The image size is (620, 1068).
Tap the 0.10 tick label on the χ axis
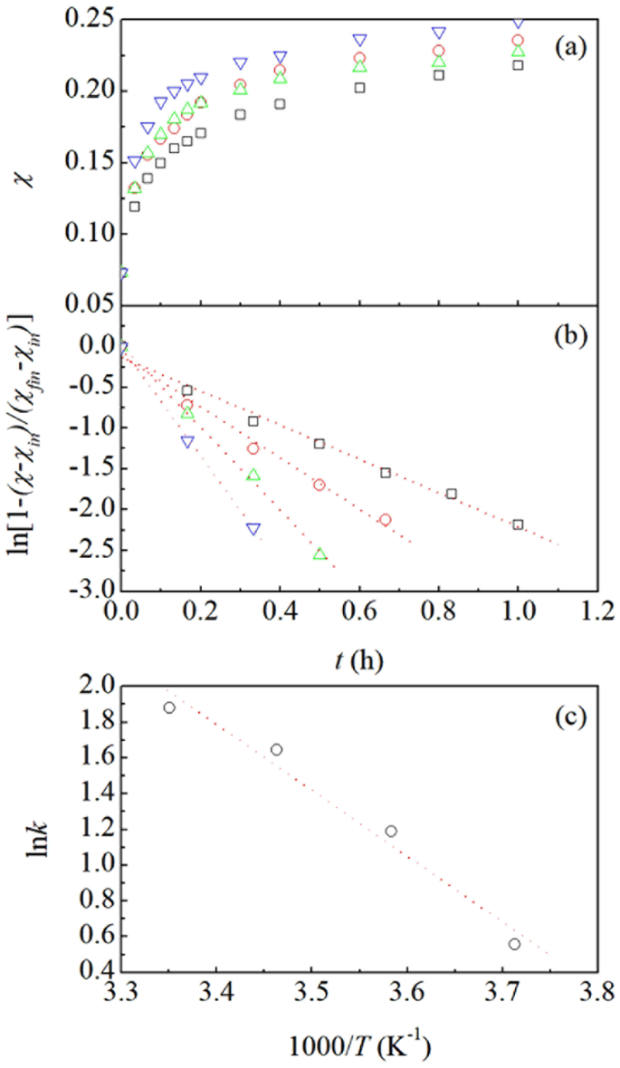pos(89,235)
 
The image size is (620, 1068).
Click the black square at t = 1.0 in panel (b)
pos(518,524)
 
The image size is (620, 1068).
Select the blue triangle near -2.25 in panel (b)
pos(253,528)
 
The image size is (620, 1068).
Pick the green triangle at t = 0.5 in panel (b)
pos(320,553)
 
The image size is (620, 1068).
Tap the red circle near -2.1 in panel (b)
pos(386,519)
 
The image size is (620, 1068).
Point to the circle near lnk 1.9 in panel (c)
pos(169,707)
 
